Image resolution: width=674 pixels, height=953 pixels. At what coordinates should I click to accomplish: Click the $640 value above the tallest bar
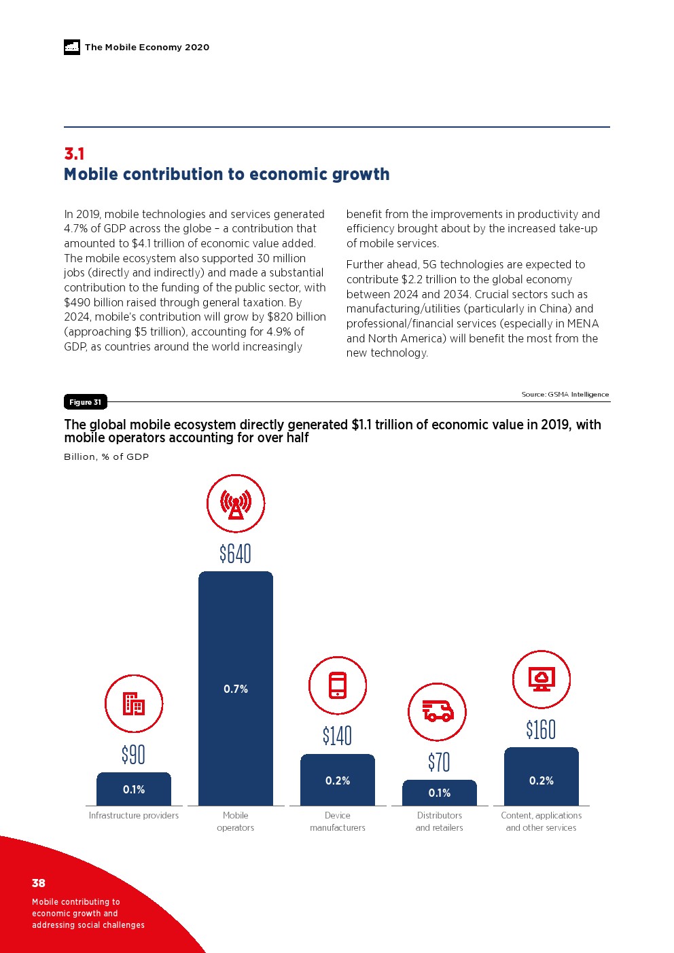click(x=235, y=554)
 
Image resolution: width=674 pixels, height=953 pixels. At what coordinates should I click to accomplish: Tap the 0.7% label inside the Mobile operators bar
click(x=236, y=689)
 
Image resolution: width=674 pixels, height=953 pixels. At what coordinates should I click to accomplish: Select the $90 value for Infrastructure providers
click(x=133, y=755)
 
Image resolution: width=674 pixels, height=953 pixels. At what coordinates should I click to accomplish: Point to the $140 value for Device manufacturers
click(x=337, y=736)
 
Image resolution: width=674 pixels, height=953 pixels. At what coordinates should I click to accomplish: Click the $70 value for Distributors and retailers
click(x=439, y=762)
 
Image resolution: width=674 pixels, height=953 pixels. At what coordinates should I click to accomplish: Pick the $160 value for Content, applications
click(x=541, y=730)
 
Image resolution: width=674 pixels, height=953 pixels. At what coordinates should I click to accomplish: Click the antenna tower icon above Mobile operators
click(x=236, y=503)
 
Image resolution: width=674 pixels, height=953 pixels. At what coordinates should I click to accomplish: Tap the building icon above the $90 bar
click(x=134, y=704)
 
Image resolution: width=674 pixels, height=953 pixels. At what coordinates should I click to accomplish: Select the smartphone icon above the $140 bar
click(x=338, y=685)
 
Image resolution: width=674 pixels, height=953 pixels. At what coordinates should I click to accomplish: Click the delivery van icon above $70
click(x=438, y=712)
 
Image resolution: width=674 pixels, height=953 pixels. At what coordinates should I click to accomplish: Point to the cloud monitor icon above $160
click(x=542, y=679)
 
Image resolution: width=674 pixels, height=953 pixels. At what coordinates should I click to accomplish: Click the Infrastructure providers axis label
click(x=134, y=815)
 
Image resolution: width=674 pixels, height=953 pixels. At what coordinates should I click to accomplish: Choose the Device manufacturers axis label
click(x=338, y=821)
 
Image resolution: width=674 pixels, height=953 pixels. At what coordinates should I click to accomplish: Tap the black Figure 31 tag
click(x=85, y=402)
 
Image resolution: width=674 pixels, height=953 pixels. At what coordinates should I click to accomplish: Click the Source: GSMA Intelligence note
click(x=565, y=394)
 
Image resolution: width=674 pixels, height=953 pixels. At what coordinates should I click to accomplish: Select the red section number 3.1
click(x=74, y=154)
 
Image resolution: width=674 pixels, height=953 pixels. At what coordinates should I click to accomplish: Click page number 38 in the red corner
click(x=39, y=883)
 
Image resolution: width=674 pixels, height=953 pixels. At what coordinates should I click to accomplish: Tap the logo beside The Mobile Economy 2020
click(x=72, y=47)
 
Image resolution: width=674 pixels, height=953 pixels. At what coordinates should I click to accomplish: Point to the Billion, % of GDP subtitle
click(x=106, y=456)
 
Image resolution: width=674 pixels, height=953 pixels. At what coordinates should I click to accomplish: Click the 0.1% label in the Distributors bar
click(x=440, y=793)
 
